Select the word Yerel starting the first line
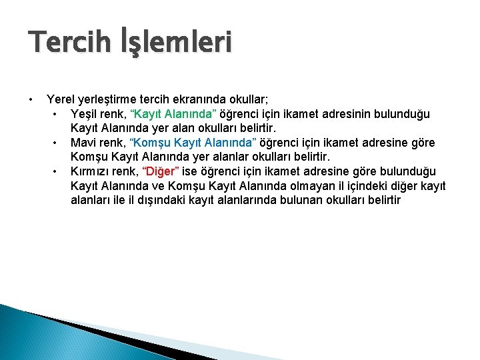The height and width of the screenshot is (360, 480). [x=61, y=99]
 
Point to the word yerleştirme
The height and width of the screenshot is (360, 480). [x=111, y=99]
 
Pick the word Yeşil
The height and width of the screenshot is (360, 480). [x=85, y=113]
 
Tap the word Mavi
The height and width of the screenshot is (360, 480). [x=83, y=142]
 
